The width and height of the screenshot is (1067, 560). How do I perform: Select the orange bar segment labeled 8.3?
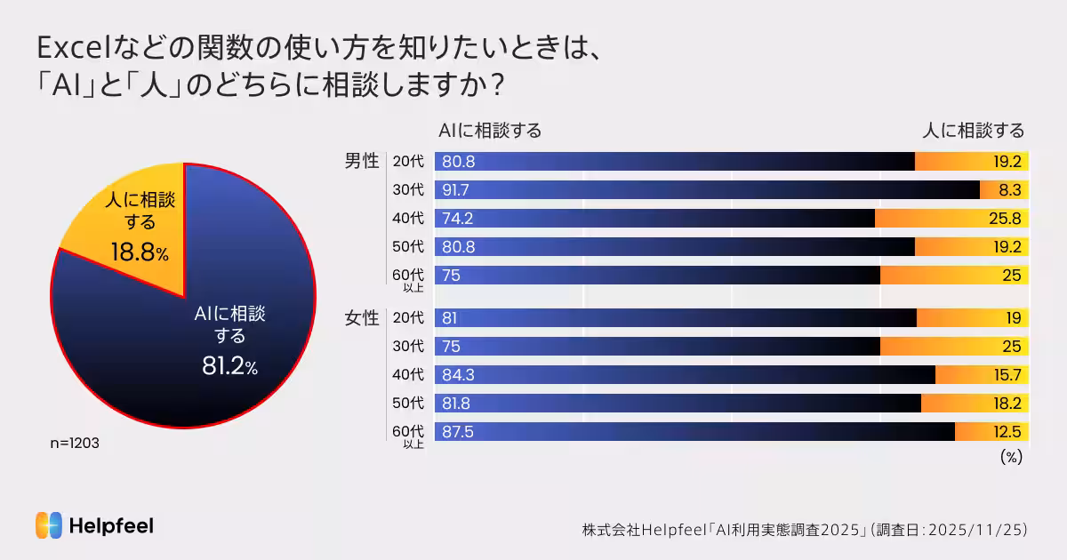tap(1004, 190)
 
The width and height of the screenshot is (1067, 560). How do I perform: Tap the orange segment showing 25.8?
tap(951, 219)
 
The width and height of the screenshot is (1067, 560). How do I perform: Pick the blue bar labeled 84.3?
tap(685, 375)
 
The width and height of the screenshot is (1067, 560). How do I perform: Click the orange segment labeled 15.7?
tap(982, 375)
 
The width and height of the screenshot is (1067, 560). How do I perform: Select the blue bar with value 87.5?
tap(694, 432)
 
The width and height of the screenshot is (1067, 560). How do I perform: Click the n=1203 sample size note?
tap(75, 443)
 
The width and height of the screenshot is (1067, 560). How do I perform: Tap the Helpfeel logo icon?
tap(49, 525)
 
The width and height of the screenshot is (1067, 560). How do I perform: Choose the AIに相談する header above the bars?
tap(490, 131)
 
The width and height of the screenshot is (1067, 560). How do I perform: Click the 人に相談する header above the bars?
tap(973, 131)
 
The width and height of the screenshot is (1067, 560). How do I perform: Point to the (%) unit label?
tap(1011, 457)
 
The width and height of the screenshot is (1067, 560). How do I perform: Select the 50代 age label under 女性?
tap(408, 403)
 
